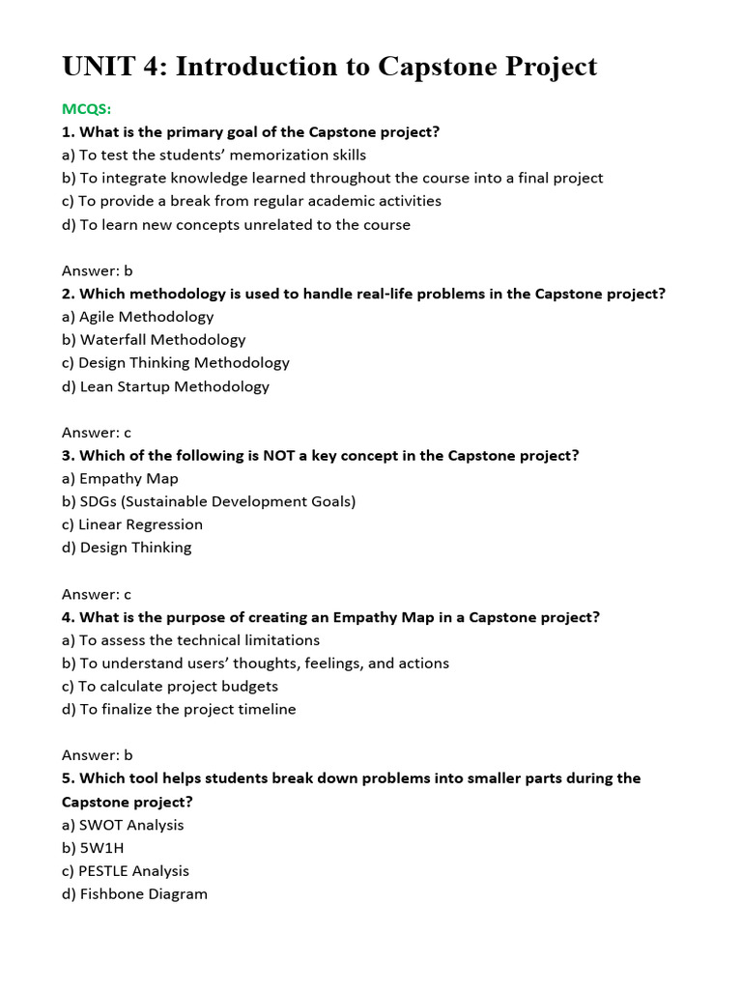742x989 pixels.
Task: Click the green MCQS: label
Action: point(87,108)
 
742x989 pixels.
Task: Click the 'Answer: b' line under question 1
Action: point(98,270)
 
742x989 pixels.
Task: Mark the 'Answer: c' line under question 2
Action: point(97,433)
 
